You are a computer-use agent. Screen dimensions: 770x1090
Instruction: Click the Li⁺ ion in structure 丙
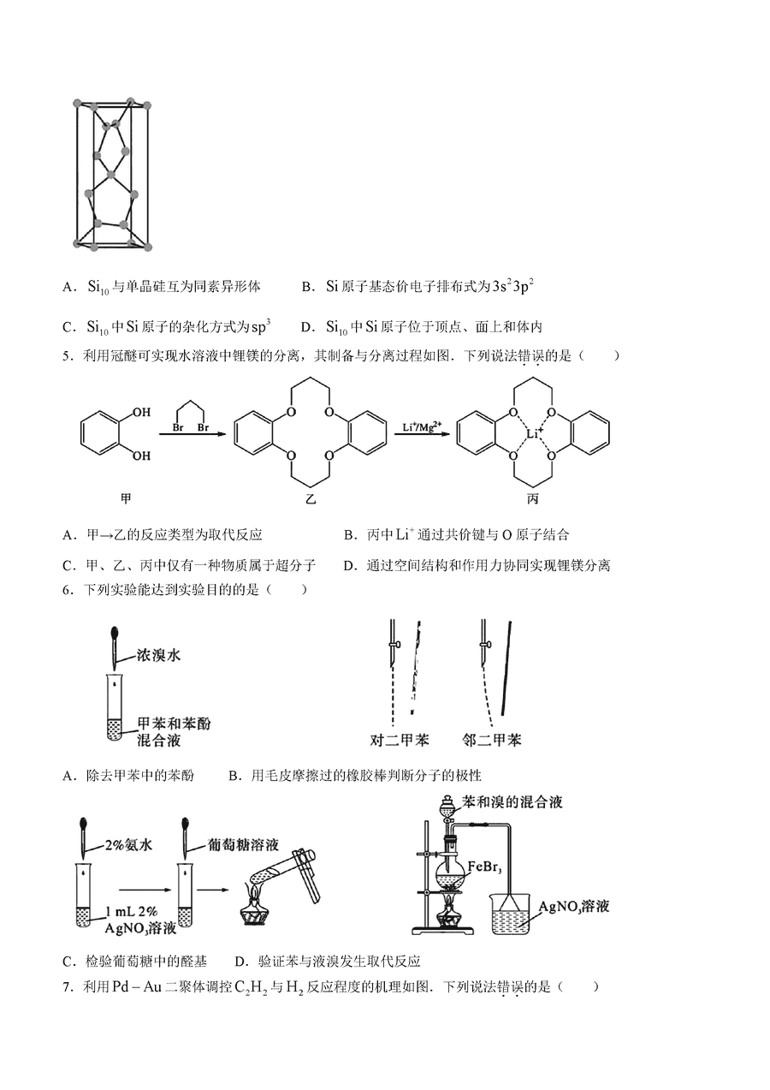[x=536, y=433]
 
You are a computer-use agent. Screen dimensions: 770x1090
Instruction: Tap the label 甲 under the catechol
[x=126, y=499]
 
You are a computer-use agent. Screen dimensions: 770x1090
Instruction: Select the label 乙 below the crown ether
[x=310, y=499]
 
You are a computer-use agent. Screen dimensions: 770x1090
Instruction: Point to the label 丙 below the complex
[x=533, y=499]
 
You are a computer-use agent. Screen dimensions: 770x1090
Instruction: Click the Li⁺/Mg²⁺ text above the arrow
[x=422, y=426]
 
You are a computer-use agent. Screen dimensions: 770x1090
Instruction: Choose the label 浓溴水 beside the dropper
[x=158, y=655]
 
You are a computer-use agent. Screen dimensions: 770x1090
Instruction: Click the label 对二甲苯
[x=400, y=740]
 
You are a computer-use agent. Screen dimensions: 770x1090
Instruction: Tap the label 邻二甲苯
[x=492, y=740]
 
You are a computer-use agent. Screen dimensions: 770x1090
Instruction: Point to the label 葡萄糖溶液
[x=243, y=844]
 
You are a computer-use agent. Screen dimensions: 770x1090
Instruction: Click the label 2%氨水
[x=129, y=844]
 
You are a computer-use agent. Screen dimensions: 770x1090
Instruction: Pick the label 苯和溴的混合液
[x=512, y=801]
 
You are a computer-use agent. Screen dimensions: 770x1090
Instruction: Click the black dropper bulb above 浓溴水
[x=115, y=633]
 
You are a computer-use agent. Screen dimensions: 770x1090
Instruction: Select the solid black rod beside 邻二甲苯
[x=506, y=667]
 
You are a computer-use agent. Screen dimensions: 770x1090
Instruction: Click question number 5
[x=68, y=355]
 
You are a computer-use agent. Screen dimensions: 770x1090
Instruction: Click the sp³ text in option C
[x=261, y=326]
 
